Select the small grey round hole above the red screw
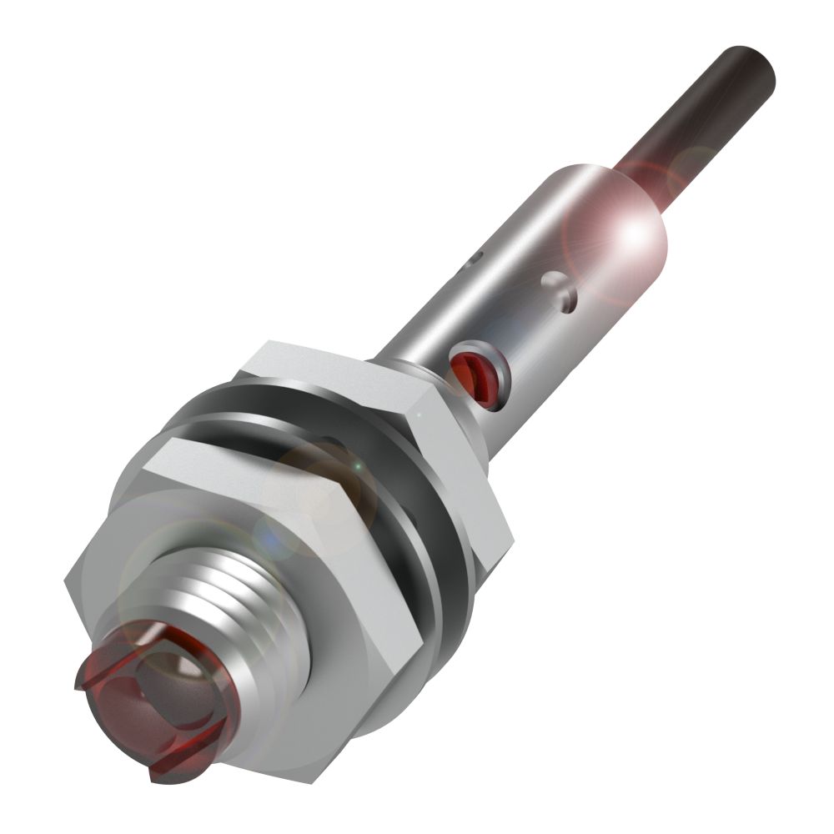(559, 288)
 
